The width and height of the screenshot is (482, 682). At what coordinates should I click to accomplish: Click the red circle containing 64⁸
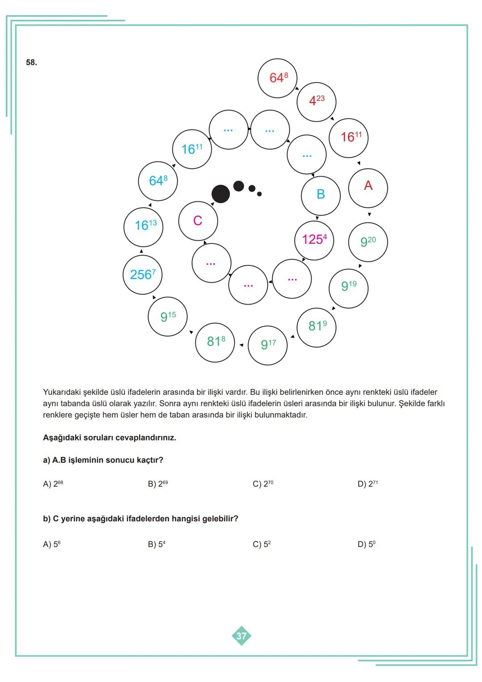pyautogui.click(x=277, y=78)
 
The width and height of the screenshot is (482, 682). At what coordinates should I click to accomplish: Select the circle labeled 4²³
pyautogui.click(x=316, y=102)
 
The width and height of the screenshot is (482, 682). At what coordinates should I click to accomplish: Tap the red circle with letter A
pyautogui.click(x=368, y=188)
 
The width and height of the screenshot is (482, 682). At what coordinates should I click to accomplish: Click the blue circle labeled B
pyautogui.click(x=320, y=195)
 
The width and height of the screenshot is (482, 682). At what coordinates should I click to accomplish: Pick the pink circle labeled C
pyautogui.click(x=198, y=221)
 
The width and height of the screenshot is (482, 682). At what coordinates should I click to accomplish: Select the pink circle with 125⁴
pyautogui.click(x=314, y=240)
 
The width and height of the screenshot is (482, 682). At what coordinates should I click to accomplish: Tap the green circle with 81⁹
pyautogui.click(x=316, y=326)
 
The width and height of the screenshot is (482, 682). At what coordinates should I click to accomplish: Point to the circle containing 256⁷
pyautogui.click(x=142, y=274)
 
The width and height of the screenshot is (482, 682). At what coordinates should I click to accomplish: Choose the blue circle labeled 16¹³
pyautogui.click(x=143, y=226)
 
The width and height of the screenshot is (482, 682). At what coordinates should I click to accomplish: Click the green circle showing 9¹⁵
pyautogui.click(x=167, y=317)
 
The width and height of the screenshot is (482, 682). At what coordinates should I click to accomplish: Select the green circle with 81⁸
pyautogui.click(x=215, y=342)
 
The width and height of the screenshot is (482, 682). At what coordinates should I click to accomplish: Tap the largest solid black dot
pyautogui.click(x=220, y=194)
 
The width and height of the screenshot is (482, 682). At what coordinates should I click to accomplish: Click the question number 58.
pyautogui.click(x=31, y=63)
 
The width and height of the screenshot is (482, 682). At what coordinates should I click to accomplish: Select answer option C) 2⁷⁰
pyautogui.click(x=263, y=484)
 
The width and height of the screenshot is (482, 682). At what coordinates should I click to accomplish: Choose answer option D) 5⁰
pyautogui.click(x=366, y=544)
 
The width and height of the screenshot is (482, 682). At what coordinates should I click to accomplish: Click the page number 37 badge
pyautogui.click(x=241, y=636)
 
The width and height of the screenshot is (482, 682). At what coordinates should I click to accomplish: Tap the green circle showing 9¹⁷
pyautogui.click(x=267, y=345)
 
